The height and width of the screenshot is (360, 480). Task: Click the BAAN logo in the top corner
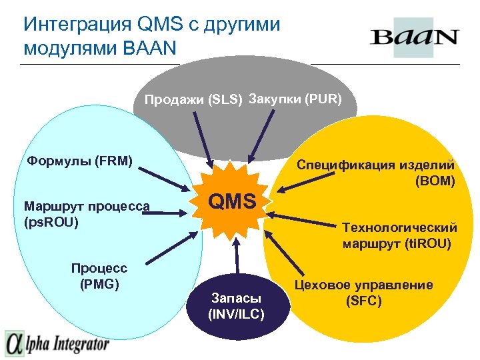click(x=414, y=37)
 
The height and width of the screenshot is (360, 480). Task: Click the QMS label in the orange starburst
click(x=233, y=200)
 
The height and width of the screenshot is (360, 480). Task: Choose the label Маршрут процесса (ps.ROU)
click(x=86, y=212)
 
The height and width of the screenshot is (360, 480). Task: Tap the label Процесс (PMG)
click(x=99, y=275)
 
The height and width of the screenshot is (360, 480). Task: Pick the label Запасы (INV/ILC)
click(x=236, y=305)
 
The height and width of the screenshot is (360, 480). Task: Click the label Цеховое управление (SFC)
click(x=363, y=293)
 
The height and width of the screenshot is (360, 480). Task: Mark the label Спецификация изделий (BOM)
click(x=376, y=172)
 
